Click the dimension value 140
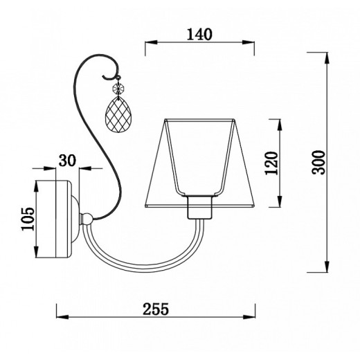click(199, 35)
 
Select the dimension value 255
click(156, 309)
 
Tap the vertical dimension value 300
click(318, 162)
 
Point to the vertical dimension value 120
click(271, 163)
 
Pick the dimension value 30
click(67, 161)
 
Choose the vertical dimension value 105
click(28, 219)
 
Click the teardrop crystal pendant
click(117, 115)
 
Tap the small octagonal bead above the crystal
click(118, 88)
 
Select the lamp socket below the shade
click(199, 207)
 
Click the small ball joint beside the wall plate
click(87, 218)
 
